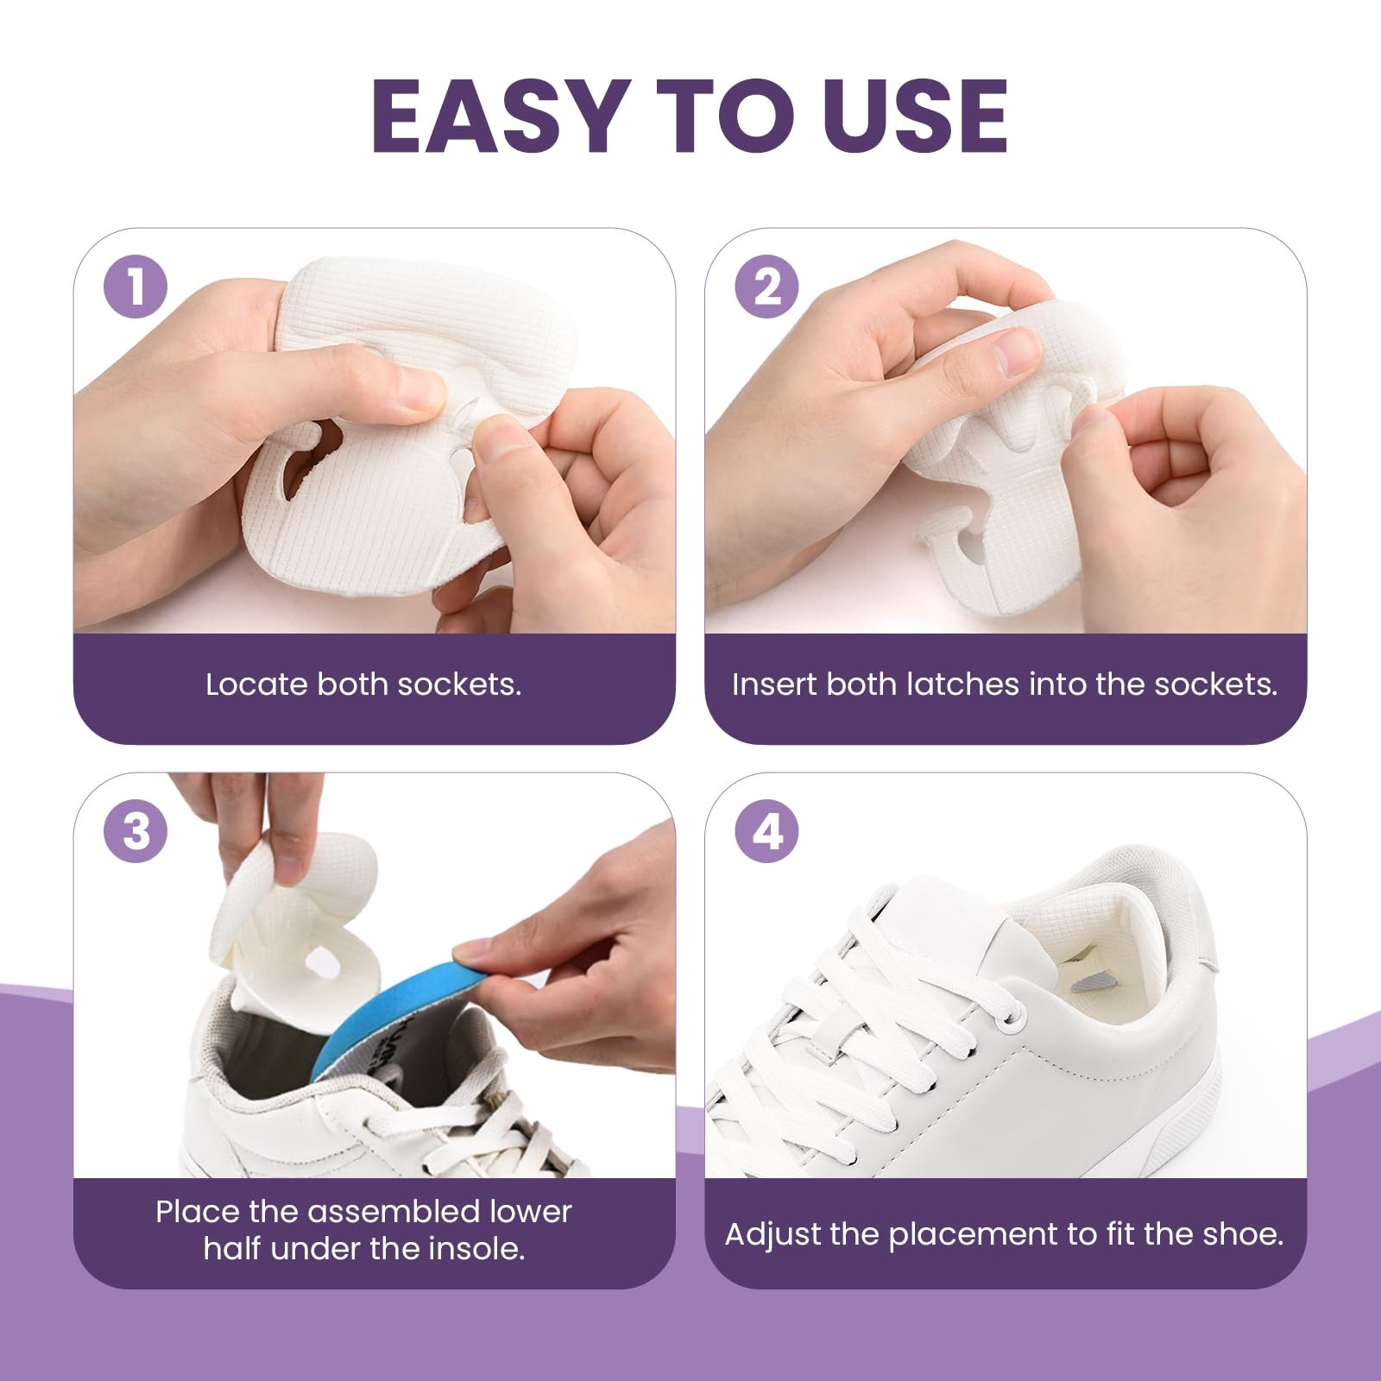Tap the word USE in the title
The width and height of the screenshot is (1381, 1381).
click(x=915, y=116)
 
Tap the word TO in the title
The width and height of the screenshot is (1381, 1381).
click(x=723, y=116)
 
